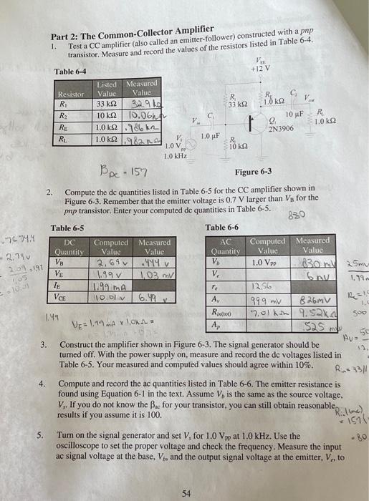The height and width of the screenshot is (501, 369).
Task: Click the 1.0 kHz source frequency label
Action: point(175,155)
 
